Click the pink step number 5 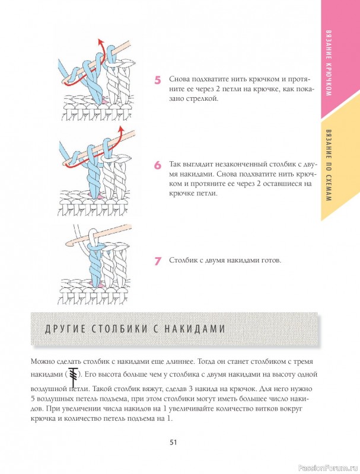pyautogui.click(x=158, y=79)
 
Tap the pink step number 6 pyautogui.click(x=158, y=165)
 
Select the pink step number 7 pyautogui.click(x=158, y=260)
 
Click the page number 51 pyautogui.click(x=174, y=441)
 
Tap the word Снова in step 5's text pyautogui.click(x=180, y=79)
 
